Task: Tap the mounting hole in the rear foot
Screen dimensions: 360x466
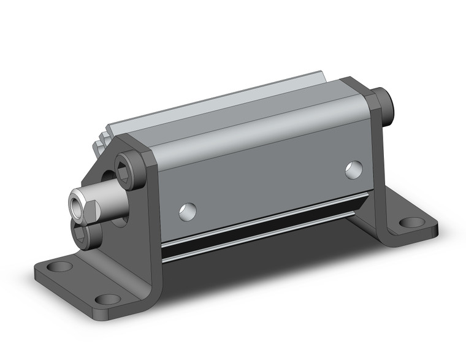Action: click(407, 223)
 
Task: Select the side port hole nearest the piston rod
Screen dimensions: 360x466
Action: click(189, 212)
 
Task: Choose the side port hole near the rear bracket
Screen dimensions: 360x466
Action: click(353, 169)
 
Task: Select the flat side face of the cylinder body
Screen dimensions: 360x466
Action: click(264, 184)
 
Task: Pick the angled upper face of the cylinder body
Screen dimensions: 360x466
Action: click(258, 132)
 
